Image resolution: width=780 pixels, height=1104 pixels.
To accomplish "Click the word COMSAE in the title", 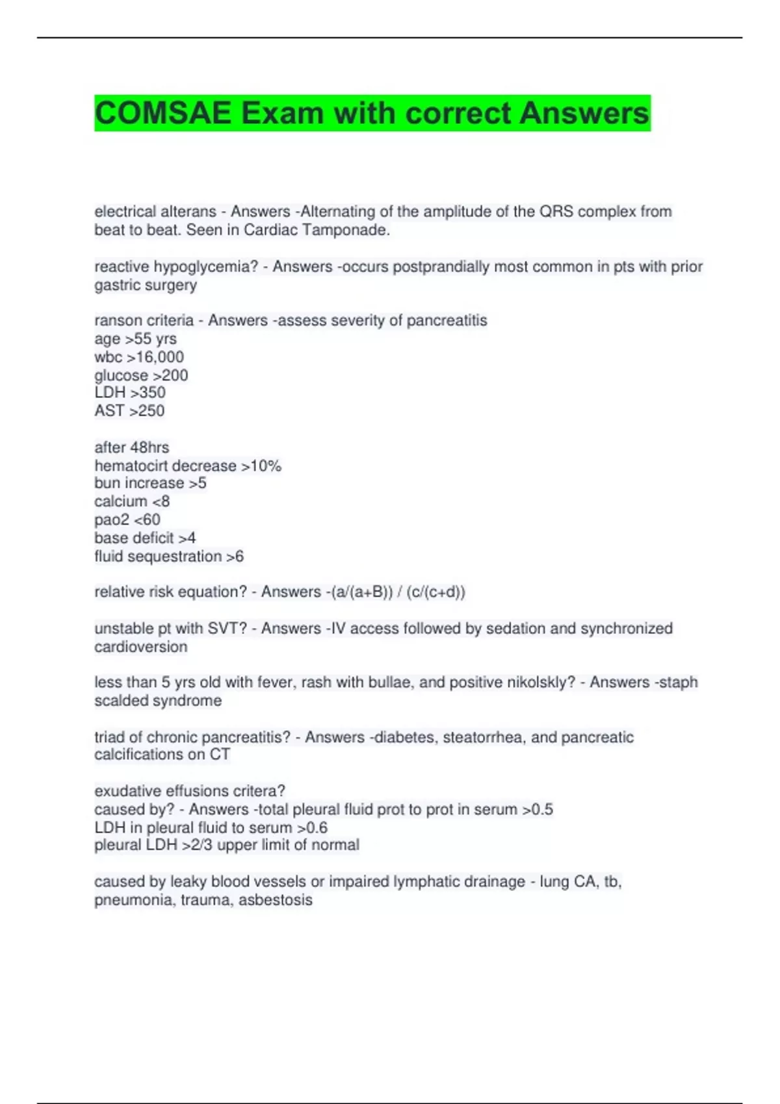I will pyautogui.click(x=162, y=114).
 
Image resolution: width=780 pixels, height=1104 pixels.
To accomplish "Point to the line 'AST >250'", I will pyautogui.click(x=129, y=411).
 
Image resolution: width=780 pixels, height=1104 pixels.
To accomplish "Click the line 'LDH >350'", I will pyautogui.click(x=130, y=393).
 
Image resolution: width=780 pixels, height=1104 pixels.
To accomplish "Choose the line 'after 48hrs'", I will pyautogui.click(x=131, y=447).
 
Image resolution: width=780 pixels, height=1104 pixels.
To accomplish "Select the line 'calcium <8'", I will pyautogui.click(x=132, y=501).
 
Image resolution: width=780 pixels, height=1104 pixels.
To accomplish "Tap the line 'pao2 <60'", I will pyautogui.click(x=127, y=520).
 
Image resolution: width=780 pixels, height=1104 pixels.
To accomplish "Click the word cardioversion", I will pyautogui.click(x=140, y=647).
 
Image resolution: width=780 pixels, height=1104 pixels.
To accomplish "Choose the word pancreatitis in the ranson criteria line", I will pyautogui.click(x=447, y=321).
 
